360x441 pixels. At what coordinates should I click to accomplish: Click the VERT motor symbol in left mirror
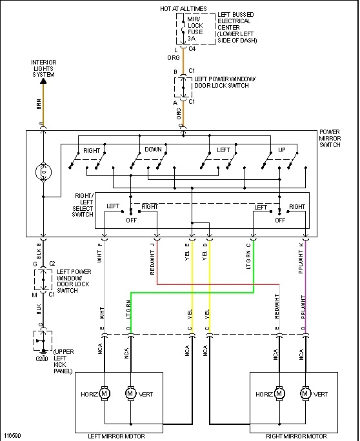tap(130, 393)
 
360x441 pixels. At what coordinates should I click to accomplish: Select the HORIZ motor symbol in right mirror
tap(279, 393)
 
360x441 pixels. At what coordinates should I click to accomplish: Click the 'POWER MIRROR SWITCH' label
tap(334, 139)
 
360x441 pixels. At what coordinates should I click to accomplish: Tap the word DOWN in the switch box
tap(154, 150)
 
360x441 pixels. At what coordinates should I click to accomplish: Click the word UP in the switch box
tap(281, 150)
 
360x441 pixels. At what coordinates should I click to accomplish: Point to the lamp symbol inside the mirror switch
tap(43, 173)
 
